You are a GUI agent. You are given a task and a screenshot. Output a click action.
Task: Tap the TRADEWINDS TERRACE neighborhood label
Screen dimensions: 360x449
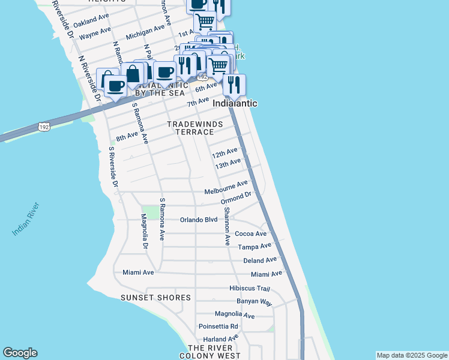pos(194,128)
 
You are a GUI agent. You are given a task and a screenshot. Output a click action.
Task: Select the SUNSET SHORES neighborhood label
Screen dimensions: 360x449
pos(155,298)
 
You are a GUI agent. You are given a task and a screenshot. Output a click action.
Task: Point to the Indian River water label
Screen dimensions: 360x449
pos(26,219)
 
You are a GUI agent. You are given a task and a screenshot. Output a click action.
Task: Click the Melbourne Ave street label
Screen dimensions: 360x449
pos(226,188)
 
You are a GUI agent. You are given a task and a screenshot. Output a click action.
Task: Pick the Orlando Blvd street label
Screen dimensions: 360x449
pos(199,220)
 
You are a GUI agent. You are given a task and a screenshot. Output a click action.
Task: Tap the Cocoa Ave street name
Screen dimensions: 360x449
pos(250,233)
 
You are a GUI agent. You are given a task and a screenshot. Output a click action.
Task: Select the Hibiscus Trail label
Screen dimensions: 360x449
pos(254,289)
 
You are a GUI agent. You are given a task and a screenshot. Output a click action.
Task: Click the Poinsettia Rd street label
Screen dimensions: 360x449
pos(218,326)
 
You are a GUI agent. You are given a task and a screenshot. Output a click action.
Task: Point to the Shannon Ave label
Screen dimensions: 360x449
pos(227,227)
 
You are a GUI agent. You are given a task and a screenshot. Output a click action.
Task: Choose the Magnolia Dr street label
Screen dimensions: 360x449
pos(144,231)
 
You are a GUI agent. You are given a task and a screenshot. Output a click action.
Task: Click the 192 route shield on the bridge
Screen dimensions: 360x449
pos(43,127)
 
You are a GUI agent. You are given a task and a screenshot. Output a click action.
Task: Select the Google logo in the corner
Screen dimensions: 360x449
pos(20,353)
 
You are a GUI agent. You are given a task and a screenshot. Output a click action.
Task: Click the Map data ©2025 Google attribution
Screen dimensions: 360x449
pos(411,355)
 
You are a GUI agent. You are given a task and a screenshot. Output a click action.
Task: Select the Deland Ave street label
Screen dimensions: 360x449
pos(260,260)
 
